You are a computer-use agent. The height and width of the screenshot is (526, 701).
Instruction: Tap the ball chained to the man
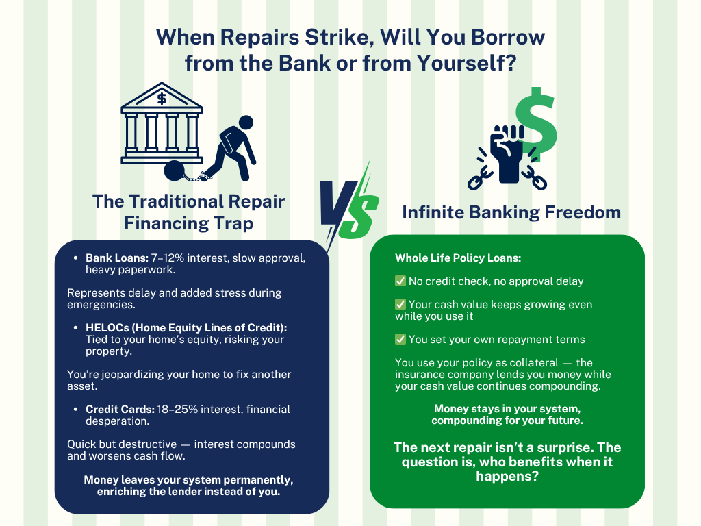[175, 170]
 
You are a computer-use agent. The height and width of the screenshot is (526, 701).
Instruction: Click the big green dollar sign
[535, 126]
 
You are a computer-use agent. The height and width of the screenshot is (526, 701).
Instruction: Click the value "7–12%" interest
[165, 259]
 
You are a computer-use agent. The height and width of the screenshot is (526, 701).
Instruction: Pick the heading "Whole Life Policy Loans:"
[458, 259]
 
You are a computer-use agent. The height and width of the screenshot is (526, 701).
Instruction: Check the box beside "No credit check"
[400, 281]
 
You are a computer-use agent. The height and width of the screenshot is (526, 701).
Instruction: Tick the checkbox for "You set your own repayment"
[400, 339]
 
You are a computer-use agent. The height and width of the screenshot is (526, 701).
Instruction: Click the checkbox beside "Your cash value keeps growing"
[400, 304]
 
